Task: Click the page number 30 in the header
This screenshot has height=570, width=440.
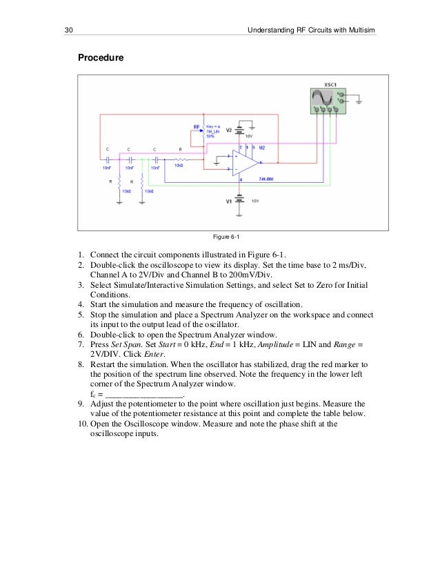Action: (68, 30)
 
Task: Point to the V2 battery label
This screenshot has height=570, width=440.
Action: (230, 129)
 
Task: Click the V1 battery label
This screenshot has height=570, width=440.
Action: (230, 201)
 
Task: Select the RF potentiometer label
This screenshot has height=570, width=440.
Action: (197, 127)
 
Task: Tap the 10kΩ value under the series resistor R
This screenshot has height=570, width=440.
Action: (179, 166)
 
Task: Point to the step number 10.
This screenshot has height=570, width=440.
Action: (80, 424)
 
